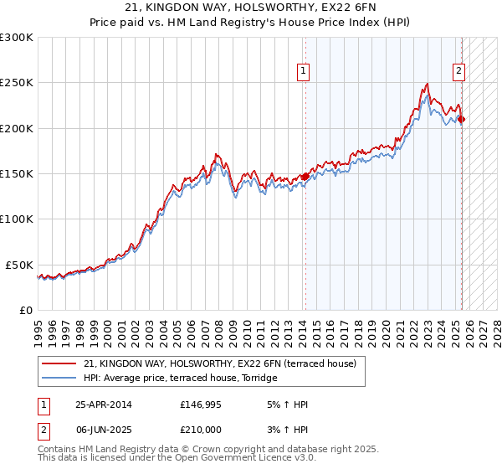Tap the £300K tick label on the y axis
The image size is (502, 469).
(x=17, y=38)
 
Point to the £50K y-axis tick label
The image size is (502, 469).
(x=20, y=265)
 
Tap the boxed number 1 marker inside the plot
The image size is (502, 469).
(x=302, y=71)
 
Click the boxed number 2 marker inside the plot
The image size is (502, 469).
(x=459, y=71)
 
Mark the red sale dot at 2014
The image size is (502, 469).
(x=305, y=177)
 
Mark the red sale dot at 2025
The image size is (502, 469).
(x=461, y=119)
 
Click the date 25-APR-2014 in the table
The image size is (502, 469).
(x=104, y=405)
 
